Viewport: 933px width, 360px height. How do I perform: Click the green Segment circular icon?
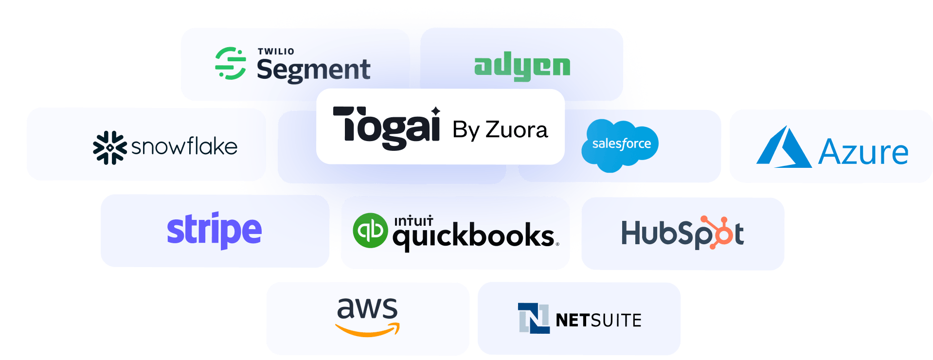(230, 63)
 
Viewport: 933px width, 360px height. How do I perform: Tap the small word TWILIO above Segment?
(276, 51)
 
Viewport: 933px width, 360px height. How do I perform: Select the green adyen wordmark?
(522, 66)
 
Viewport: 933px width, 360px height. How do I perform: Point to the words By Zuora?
(500, 130)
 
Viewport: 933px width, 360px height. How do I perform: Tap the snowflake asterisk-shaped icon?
(109, 147)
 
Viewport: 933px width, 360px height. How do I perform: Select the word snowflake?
(184, 147)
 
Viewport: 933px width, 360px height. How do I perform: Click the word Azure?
(863, 153)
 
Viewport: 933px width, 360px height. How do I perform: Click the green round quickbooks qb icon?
(370, 230)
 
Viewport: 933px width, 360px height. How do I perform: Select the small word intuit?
(413, 221)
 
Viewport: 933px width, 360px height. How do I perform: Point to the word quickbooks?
(473, 237)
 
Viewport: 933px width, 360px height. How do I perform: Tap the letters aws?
(367, 308)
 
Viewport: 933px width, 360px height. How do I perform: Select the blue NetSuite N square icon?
(534, 318)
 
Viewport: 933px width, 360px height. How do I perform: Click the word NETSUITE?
(598, 321)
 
